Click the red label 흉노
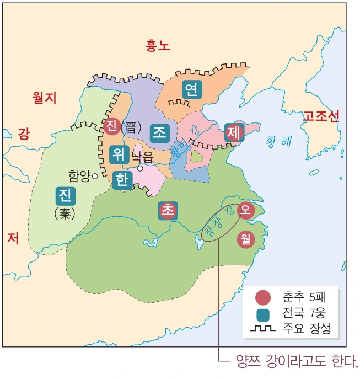157,46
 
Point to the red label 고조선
321,116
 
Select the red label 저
13,237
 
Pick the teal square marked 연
191,90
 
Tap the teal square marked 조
160,132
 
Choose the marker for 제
233,132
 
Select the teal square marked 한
122,180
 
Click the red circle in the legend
264,298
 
